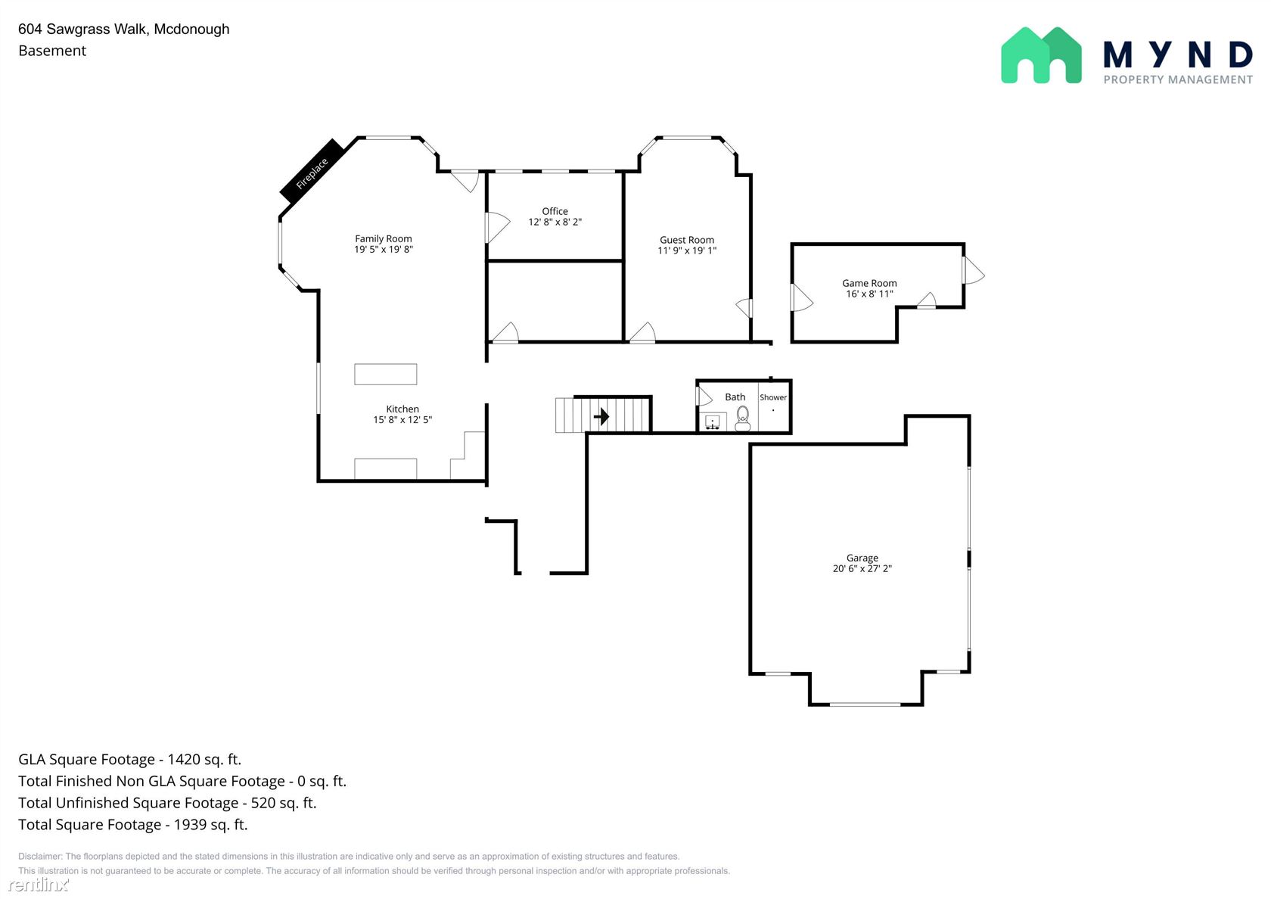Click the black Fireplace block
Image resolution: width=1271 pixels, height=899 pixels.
[x=312, y=171]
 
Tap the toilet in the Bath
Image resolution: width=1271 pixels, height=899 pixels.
[x=742, y=419]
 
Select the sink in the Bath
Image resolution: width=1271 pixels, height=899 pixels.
[x=712, y=422]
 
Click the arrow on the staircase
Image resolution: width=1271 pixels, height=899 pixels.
[x=601, y=416]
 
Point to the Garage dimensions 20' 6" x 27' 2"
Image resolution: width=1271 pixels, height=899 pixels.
[x=862, y=569]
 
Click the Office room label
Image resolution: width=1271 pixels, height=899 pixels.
[x=555, y=211]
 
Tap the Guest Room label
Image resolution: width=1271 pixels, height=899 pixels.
[x=687, y=240]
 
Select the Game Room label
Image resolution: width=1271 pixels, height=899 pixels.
[x=869, y=283]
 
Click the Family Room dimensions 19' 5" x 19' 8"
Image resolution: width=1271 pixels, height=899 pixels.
[x=384, y=249]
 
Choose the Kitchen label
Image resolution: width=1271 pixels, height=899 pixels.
[x=402, y=409]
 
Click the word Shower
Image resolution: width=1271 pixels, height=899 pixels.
[x=773, y=397]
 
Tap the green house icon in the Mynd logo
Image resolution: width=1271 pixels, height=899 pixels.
[x=1041, y=55]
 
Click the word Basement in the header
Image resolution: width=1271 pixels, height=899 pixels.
[x=52, y=51]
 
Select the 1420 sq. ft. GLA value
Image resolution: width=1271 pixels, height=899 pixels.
[x=204, y=760]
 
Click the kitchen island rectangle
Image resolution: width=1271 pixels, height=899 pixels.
[x=385, y=374]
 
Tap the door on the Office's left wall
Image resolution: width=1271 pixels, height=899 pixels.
[x=497, y=227]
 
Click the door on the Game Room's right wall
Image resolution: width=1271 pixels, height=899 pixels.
[x=973, y=271]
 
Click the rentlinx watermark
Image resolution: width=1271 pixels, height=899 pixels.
[x=39, y=884]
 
